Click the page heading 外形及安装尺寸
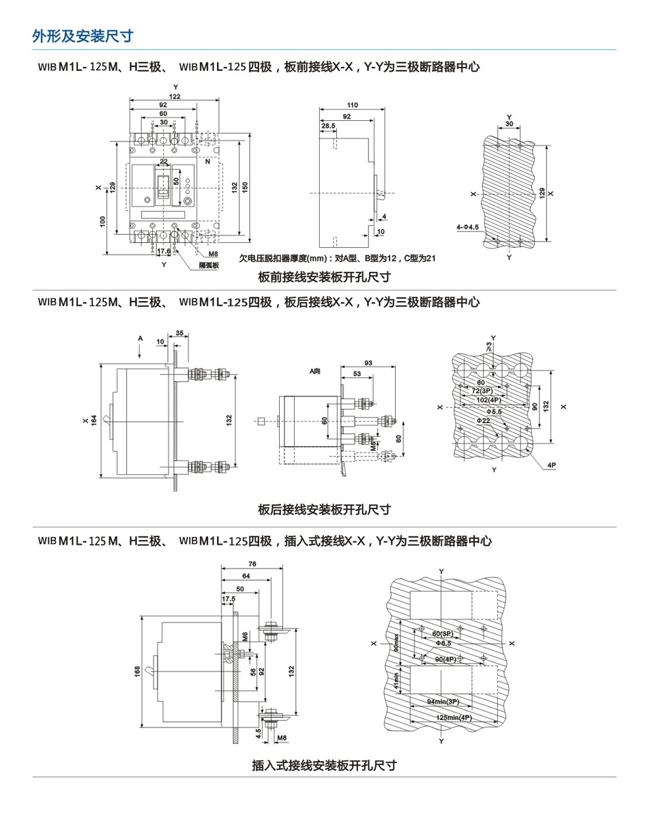point(82,36)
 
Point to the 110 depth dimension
point(352,106)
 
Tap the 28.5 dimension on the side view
point(328,126)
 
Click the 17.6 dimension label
point(164,252)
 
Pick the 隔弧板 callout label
point(207,265)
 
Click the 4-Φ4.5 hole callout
point(468,226)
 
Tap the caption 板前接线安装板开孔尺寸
point(324,277)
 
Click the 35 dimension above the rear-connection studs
point(179,333)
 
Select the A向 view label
point(314,371)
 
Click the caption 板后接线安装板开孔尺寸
point(324,509)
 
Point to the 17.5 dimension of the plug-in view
point(229,599)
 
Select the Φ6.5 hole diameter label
point(443,643)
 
